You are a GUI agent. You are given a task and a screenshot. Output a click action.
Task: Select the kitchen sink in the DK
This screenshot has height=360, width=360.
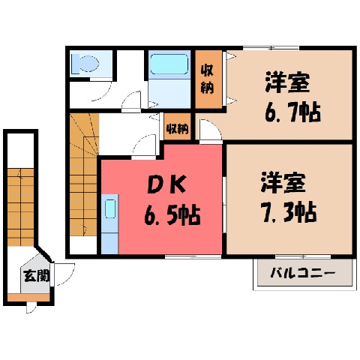pos(110,209)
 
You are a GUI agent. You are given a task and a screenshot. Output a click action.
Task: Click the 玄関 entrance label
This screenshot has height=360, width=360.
pos(37,276)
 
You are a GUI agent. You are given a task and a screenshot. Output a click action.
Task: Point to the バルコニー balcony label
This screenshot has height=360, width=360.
pos(303,273)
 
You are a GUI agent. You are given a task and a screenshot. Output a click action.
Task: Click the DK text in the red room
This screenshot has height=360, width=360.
pos(166,184)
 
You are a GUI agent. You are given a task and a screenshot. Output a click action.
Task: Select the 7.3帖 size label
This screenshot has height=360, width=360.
pos(289,212)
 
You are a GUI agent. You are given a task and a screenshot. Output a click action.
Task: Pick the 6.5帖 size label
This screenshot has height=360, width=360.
pos(172,214)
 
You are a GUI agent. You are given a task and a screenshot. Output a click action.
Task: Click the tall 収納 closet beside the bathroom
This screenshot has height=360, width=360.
pos(208,79)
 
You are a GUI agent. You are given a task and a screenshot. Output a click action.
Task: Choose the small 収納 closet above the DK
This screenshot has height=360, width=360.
pos(178,127)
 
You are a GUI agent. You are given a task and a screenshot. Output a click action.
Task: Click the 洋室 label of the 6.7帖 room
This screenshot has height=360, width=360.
pos(288,82)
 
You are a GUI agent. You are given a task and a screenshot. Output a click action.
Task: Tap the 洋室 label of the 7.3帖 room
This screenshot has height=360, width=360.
pos(283,182)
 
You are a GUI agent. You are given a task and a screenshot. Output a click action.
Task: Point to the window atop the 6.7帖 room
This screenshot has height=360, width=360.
pos(271,47)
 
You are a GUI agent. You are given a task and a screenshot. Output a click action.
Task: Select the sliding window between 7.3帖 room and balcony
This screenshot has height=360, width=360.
pos(303,256)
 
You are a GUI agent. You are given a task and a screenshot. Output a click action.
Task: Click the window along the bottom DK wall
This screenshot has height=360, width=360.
pos(193,256)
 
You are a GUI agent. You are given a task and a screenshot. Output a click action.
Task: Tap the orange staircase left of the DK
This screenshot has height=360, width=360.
pos(83,175)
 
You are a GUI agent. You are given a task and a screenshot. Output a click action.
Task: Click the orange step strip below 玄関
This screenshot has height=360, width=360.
pos(28,298)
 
